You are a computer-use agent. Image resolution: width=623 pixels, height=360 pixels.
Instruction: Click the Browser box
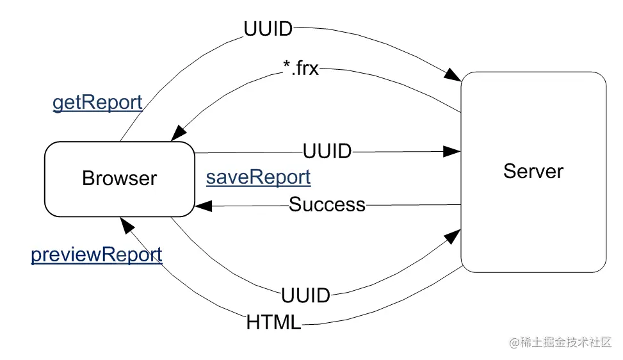[x=119, y=178]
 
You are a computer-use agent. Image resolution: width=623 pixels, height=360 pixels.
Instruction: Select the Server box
[x=533, y=172]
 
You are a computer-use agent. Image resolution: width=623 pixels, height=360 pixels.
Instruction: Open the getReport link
[x=97, y=102]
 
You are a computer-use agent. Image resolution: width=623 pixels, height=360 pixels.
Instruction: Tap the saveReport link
[x=258, y=177]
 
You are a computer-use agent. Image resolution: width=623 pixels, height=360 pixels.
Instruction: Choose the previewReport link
[x=97, y=254]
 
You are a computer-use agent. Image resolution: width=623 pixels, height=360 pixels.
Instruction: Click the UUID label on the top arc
[x=268, y=29]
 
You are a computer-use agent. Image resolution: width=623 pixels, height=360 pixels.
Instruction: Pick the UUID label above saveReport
[x=327, y=152]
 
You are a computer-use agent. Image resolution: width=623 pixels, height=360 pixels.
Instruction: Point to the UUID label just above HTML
[x=305, y=295]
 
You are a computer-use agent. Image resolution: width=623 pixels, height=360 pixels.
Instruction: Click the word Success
[x=327, y=205]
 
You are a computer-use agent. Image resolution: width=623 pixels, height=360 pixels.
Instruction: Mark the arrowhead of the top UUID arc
[x=453, y=75]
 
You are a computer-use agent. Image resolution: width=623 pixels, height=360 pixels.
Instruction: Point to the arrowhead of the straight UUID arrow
[x=453, y=152]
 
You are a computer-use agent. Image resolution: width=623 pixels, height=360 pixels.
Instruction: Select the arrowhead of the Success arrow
[x=203, y=206]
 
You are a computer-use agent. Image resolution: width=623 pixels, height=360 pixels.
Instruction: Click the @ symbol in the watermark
[x=514, y=343]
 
